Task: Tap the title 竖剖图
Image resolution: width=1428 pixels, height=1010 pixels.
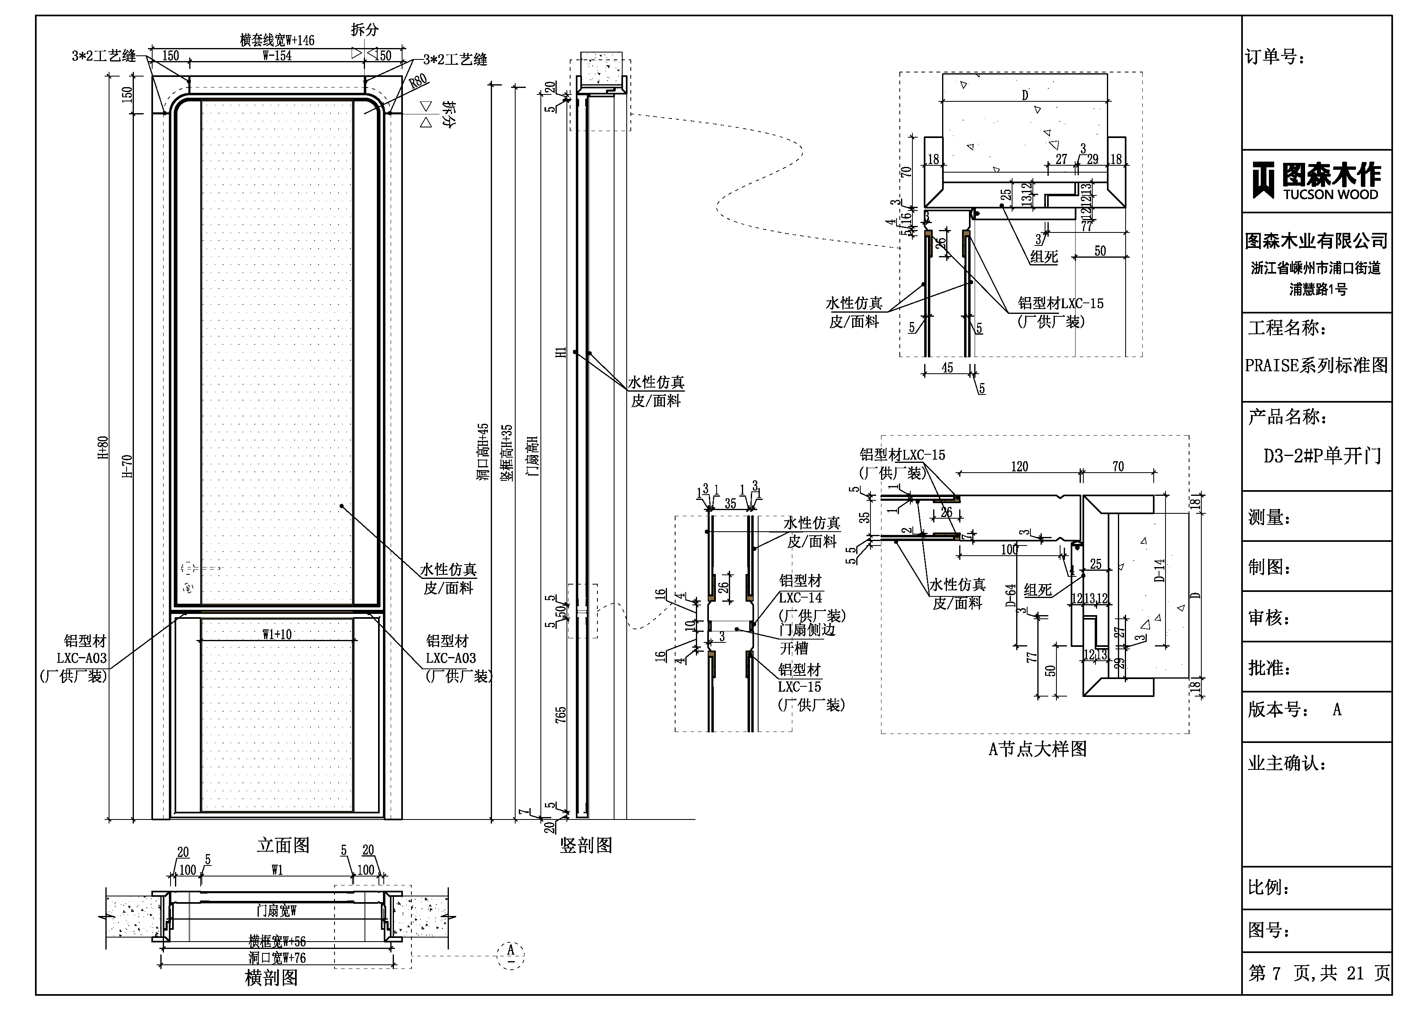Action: pos(586,845)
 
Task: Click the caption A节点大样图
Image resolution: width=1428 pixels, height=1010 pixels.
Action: pos(1037,749)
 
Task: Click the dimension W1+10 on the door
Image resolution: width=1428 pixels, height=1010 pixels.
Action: pos(277,635)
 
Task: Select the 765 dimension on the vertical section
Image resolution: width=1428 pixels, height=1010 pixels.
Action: pos(560,714)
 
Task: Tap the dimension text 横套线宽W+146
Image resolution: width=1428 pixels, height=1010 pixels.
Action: pos(278,40)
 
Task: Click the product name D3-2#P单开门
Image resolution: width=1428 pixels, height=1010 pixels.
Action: pos(1322,456)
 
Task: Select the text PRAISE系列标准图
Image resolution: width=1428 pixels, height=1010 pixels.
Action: pos(1316,365)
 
